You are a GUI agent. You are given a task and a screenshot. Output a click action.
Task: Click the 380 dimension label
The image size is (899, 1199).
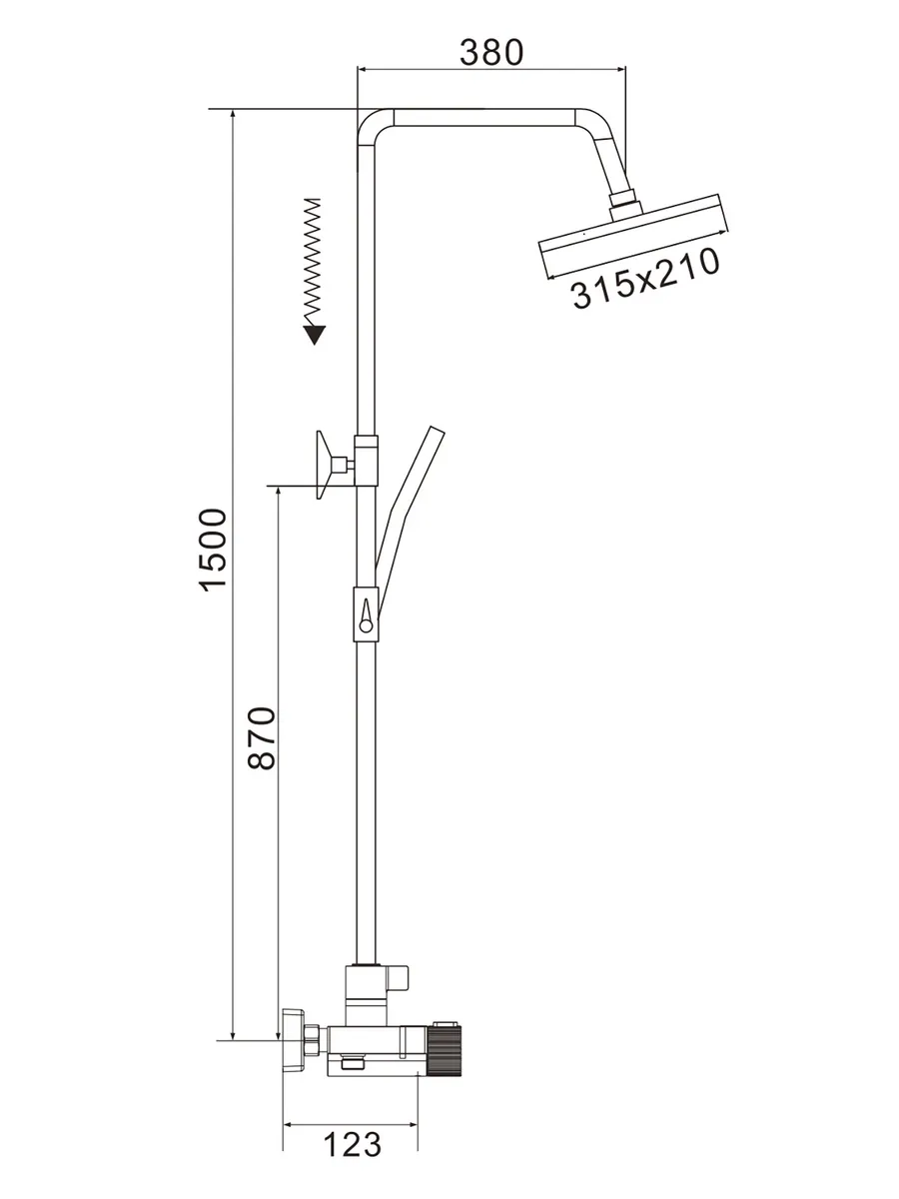point(490,52)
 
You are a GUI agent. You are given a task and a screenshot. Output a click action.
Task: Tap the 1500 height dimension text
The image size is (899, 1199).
point(213,550)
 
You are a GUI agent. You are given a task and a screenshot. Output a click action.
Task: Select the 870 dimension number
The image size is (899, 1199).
point(262,738)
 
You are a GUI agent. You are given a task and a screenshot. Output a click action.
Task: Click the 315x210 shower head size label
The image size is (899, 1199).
point(645,279)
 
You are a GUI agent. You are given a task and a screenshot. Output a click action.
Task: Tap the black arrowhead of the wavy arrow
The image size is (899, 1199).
point(315,335)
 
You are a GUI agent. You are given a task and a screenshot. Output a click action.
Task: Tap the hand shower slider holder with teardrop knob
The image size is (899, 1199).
point(366,612)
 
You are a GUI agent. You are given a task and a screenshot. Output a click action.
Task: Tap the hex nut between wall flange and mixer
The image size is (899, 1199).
point(314,1039)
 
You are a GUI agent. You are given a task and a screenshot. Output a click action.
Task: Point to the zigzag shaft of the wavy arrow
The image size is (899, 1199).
point(313,261)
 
